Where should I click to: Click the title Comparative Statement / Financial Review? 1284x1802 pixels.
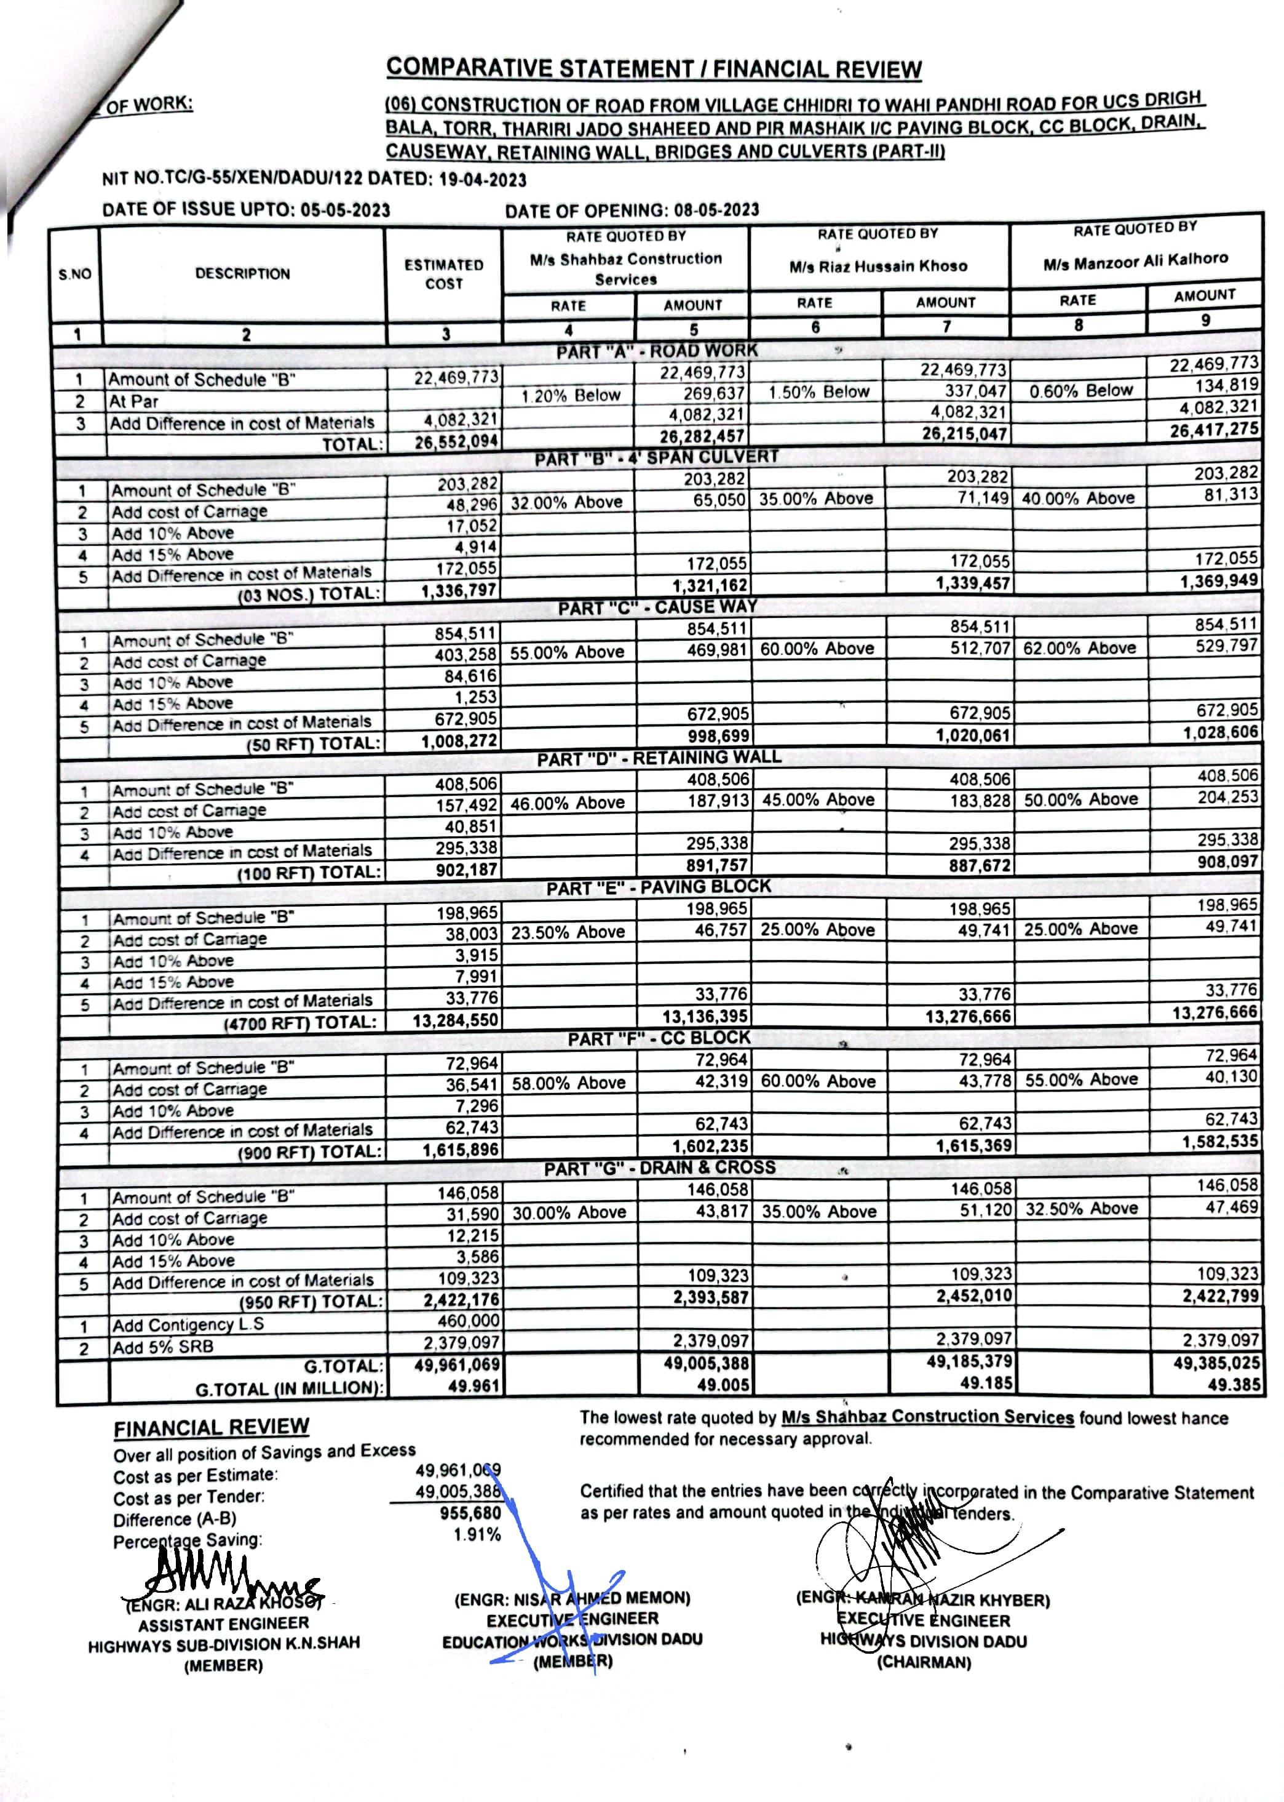[x=654, y=69]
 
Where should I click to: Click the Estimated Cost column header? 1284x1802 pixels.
[x=443, y=274]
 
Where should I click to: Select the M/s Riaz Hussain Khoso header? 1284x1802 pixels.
[x=878, y=266]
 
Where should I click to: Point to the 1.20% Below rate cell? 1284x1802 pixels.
[x=570, y=394]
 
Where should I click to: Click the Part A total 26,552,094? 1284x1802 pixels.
[x=456, y=441]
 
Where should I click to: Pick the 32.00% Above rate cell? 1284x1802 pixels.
[x=567, y=502]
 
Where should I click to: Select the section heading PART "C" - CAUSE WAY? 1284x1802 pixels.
[x=657, y=607]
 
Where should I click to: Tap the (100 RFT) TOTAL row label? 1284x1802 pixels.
[x=309, y=873]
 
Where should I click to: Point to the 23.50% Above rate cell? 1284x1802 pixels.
[x=568, y=932]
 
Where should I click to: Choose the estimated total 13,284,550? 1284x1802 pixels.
[x=456, y=1020]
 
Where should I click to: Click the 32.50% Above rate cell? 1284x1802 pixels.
[x=1081, y=1209]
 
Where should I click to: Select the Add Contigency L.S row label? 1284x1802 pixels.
[x=188, y=1324]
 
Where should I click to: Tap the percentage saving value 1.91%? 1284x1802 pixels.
[x=477, y=1535]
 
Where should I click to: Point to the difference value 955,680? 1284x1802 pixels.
[x=470, y=1513]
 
